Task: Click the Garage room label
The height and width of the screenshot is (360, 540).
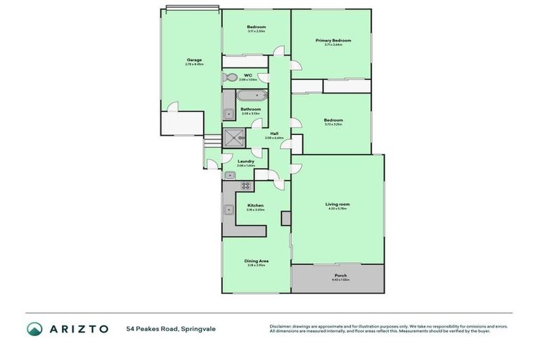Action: [x=194, y=60]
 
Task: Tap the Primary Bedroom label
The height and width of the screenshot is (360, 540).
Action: [x=333, y=41]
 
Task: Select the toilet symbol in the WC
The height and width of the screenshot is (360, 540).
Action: [x=230, y=77]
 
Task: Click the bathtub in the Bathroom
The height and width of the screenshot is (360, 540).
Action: [x=250, y=97]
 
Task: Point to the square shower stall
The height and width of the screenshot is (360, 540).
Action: [x=233, y=138]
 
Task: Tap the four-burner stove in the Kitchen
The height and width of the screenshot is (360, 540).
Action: [x=246, y=186]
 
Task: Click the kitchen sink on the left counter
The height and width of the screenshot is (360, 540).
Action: [x=229, y=209]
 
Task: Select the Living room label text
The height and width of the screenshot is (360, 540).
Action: [x=337, y=205]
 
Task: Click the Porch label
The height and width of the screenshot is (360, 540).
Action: [x=340, y=275]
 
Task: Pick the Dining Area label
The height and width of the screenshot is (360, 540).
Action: [x=256, y=261]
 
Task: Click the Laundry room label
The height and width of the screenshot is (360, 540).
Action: [x=245, y=162]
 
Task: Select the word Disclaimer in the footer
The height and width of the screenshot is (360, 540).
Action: [x=281, y=326]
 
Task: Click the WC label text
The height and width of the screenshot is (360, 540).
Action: [x=247, y=75]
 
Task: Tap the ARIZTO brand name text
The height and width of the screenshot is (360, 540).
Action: [x=78, y=329]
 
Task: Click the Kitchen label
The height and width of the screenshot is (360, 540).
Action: [x=255, y=205]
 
